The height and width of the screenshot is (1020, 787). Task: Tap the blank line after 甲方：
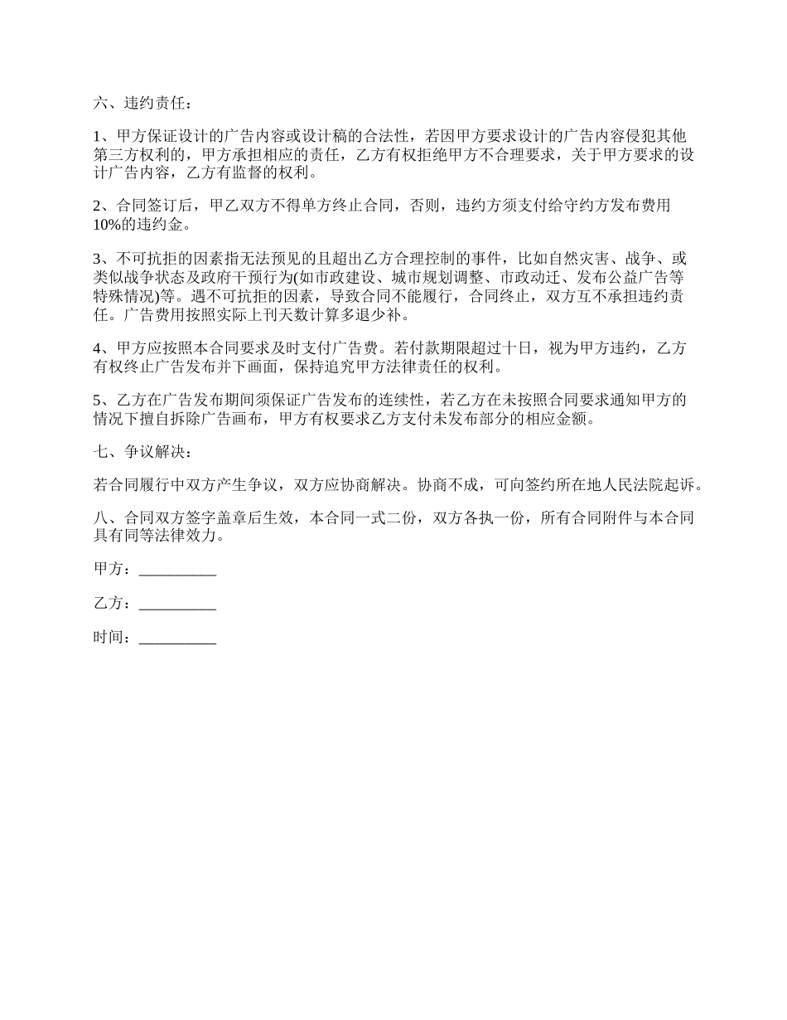pos(178,570)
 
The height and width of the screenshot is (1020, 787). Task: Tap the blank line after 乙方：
pos(178,605)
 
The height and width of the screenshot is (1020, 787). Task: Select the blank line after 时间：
pos(178,639)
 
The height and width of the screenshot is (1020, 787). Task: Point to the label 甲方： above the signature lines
pos(113,570)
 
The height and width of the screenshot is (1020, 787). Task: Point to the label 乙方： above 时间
pos(113,605)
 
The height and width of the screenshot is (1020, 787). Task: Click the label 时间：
pos(113,639)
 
